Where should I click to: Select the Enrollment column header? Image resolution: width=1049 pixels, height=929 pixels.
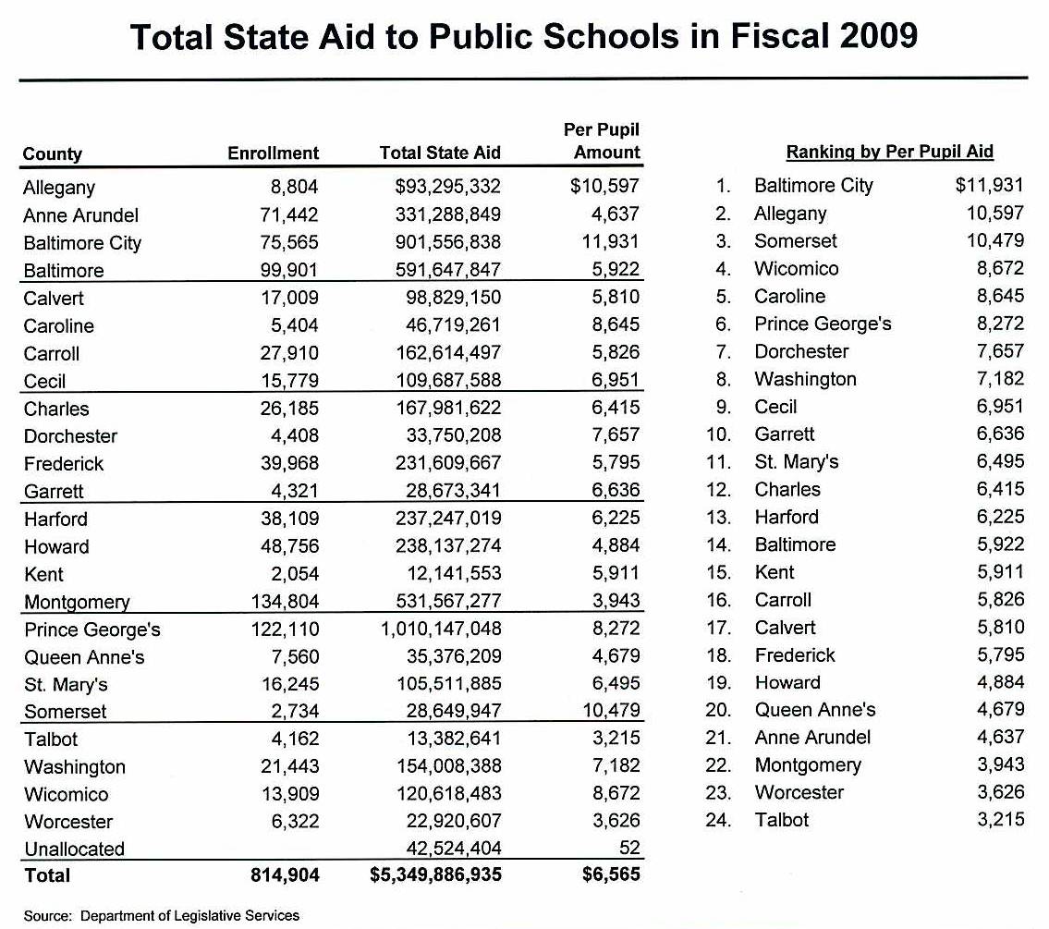click(273, 153)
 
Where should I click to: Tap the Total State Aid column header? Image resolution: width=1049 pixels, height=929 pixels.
click(440, 153)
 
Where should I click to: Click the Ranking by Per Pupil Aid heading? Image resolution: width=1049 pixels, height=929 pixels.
click(889, 153)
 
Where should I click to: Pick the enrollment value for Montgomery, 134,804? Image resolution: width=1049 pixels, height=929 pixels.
click(285, 602)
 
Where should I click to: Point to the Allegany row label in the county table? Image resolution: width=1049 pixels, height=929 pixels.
click(59, 188)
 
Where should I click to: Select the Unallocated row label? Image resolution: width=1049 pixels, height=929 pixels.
click(74, 849)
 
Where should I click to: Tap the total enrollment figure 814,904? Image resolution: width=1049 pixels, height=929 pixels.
click(285, 874)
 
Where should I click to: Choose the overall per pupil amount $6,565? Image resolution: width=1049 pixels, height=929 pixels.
click(611, 874)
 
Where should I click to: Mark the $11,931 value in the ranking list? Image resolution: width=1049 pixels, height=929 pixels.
click(990, 186)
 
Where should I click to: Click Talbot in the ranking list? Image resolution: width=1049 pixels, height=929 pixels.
click(781, 820)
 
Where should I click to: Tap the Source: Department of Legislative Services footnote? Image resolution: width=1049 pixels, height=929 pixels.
click(162, 915)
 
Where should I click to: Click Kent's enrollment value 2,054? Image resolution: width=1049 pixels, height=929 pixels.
click(294, 574)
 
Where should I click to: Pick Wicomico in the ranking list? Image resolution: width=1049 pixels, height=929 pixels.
click(796, 269)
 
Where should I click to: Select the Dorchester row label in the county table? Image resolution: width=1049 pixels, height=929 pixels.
click(70, 436)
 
